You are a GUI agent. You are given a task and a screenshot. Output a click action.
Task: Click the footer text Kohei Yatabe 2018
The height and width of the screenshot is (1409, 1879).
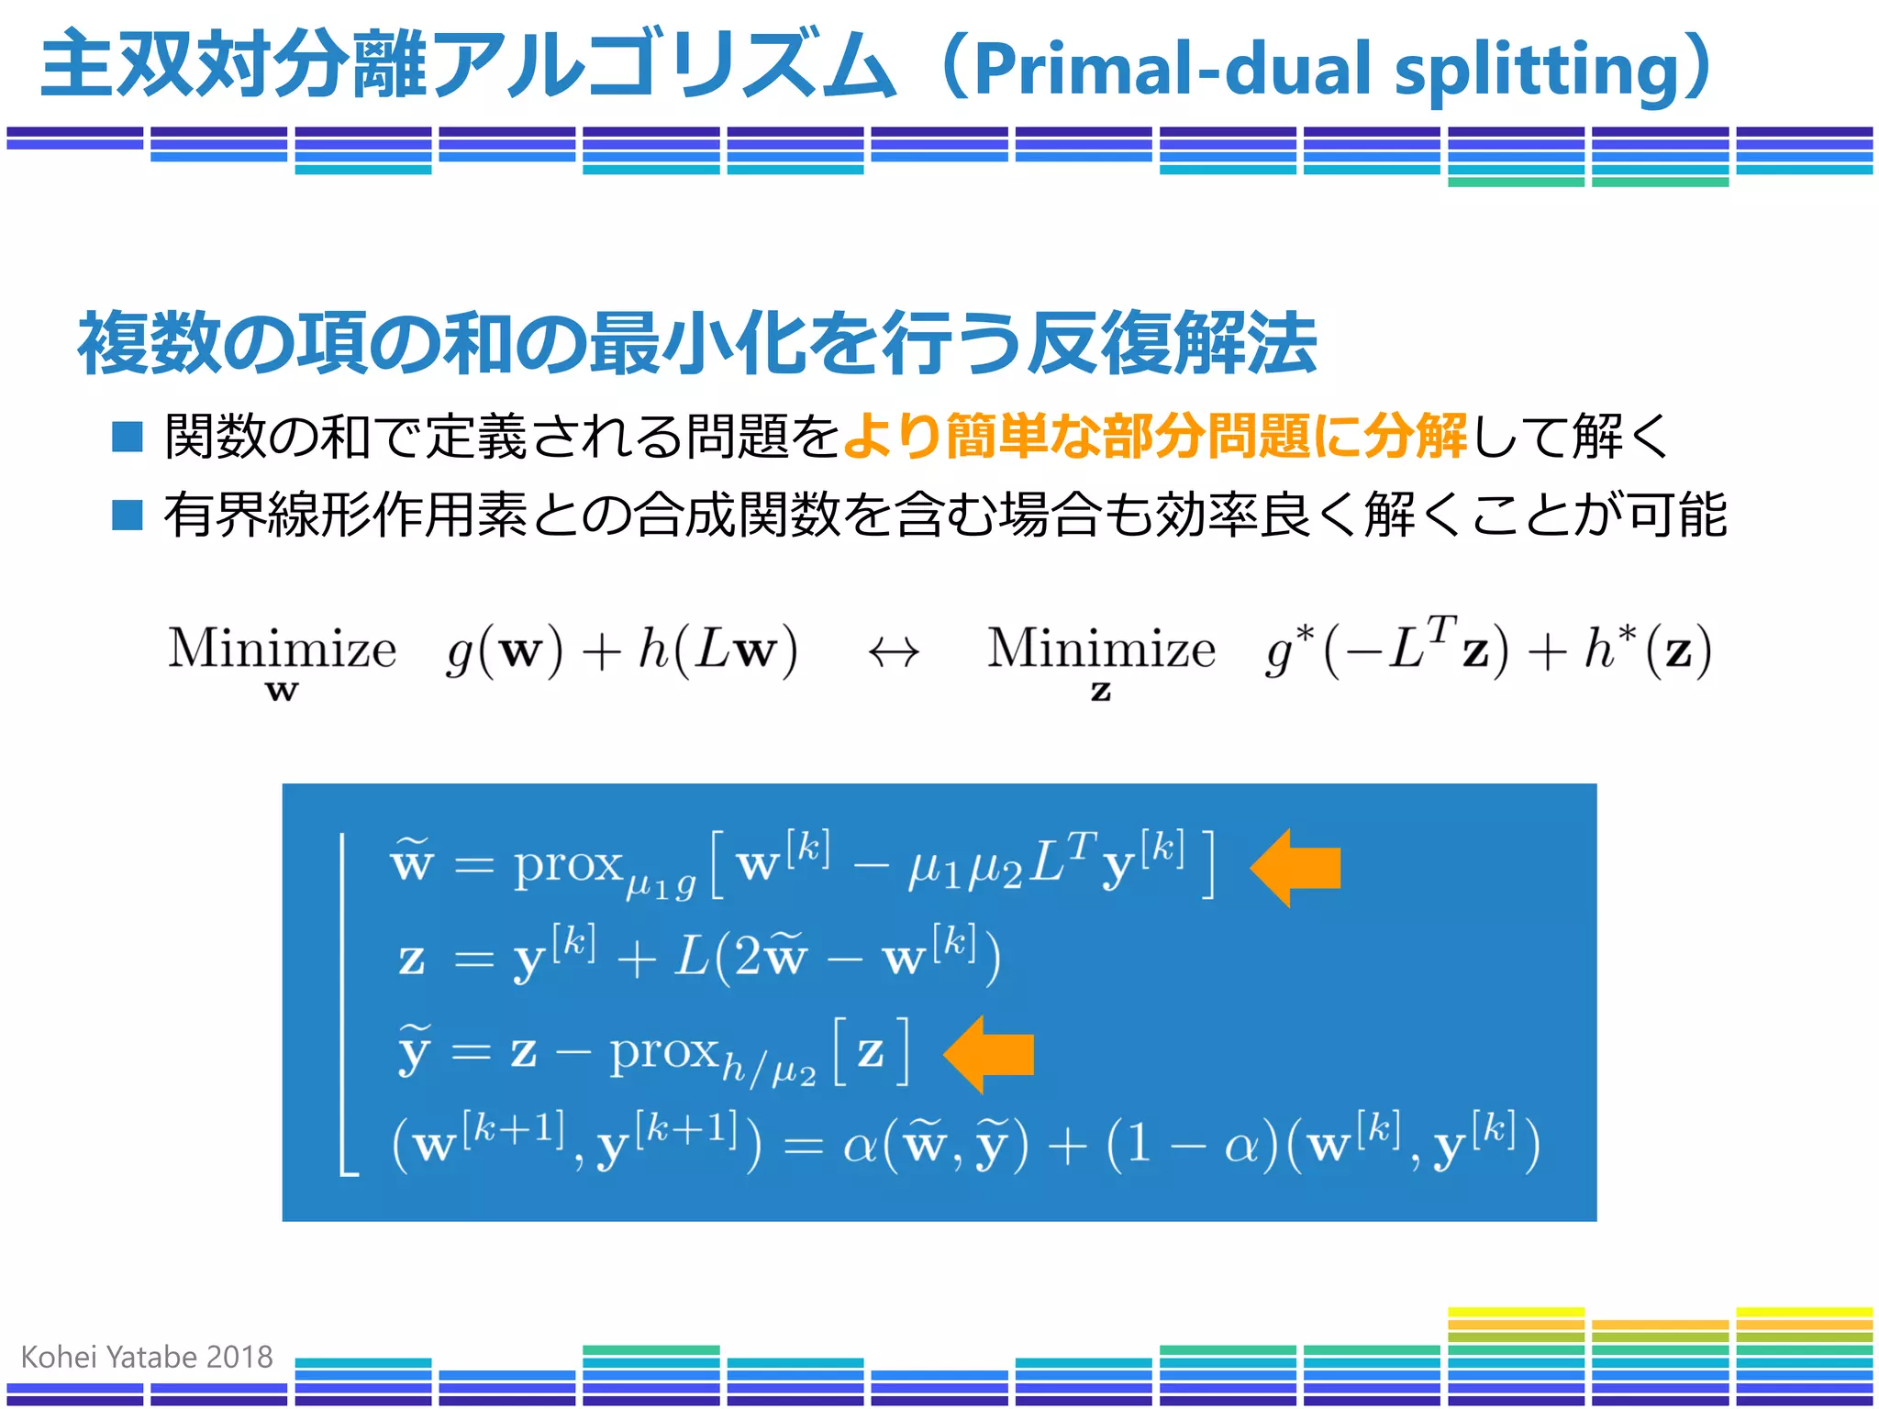coord(147,1357)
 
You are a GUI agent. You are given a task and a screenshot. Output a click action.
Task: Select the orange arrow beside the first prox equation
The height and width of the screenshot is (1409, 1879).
coord(1295,868)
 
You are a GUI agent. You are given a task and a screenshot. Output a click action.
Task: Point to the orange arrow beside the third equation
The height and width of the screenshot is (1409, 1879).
coord(988,1054)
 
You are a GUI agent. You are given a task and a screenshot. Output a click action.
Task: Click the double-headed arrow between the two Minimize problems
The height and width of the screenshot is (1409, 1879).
coord(894,652)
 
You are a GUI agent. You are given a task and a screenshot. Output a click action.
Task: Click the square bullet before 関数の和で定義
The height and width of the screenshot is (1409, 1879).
coord(127,437)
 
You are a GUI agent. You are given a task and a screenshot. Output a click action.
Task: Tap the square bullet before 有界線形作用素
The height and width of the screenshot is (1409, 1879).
coord(127,515)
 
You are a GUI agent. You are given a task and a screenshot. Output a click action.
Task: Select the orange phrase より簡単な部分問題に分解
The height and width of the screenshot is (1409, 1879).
coord(1154,436)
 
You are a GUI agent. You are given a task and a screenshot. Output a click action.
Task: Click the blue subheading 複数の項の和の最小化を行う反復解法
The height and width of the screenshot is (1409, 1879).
coord(697,343)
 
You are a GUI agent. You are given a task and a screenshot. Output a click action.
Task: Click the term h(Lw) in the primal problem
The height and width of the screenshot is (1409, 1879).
coord(717,650)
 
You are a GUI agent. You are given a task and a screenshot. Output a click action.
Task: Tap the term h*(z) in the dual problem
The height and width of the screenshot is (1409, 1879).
coord(1647,650)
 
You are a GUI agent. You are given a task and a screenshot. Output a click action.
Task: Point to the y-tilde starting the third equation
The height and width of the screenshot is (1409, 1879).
coord(414,1051)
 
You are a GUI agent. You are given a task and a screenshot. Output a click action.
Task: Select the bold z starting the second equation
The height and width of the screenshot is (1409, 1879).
coord(412,960)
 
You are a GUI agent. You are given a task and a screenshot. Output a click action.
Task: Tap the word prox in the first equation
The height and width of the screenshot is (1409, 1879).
coord(567,864)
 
